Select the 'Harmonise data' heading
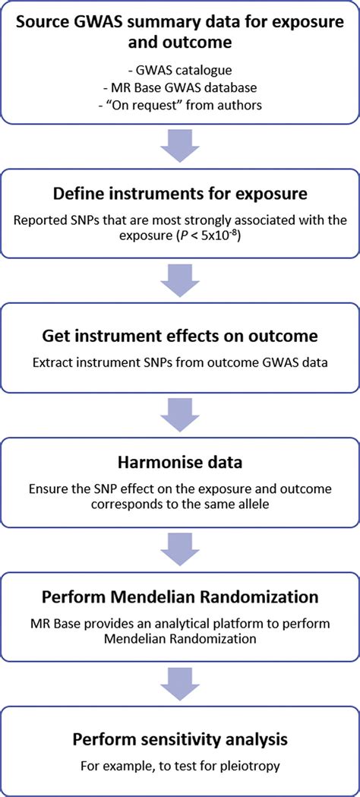180,463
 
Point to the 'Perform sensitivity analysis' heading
180,738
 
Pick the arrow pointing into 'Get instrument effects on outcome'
180,286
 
